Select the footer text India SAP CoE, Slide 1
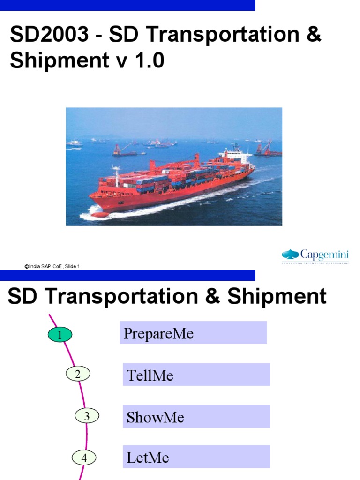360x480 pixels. [52, 266]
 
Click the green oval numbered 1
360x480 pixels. [60, 335]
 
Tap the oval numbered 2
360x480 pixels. [78, 374]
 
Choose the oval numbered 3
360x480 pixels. [87, 415]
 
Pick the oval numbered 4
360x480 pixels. [84, 457]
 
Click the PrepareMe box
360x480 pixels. [193, 333]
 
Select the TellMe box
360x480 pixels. [196, 375]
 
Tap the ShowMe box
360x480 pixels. [196, 417]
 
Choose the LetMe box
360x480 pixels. [196, 457]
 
